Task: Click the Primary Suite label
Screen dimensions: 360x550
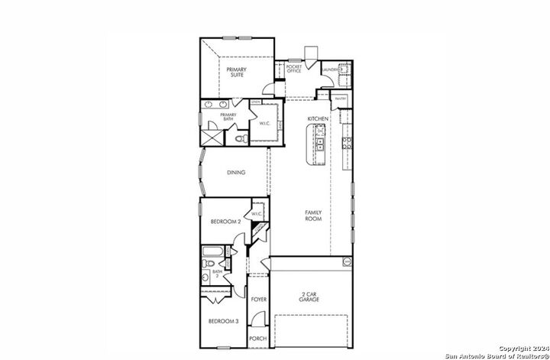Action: (236, 73)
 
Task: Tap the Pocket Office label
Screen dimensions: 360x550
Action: (293, 69)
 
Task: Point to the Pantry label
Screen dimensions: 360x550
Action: (341, 99)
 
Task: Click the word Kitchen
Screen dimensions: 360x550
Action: (318, 120)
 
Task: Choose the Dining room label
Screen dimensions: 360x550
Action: (236, 173)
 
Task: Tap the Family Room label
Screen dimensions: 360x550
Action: (313, 216)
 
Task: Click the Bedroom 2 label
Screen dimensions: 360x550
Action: (225, 222)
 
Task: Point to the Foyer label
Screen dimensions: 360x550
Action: (258, 300)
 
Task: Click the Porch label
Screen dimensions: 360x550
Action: (258, 339)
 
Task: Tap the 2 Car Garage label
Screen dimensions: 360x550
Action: (309, 297)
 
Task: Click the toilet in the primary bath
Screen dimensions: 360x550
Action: (240, 138)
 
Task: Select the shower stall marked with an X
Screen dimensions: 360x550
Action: (211, 137)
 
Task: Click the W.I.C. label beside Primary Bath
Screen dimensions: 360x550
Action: (264, 123)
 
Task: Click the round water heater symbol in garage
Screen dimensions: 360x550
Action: (345, 262)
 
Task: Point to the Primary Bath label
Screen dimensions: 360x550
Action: (228, 117)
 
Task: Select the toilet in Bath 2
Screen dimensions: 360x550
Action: (206, 264)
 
